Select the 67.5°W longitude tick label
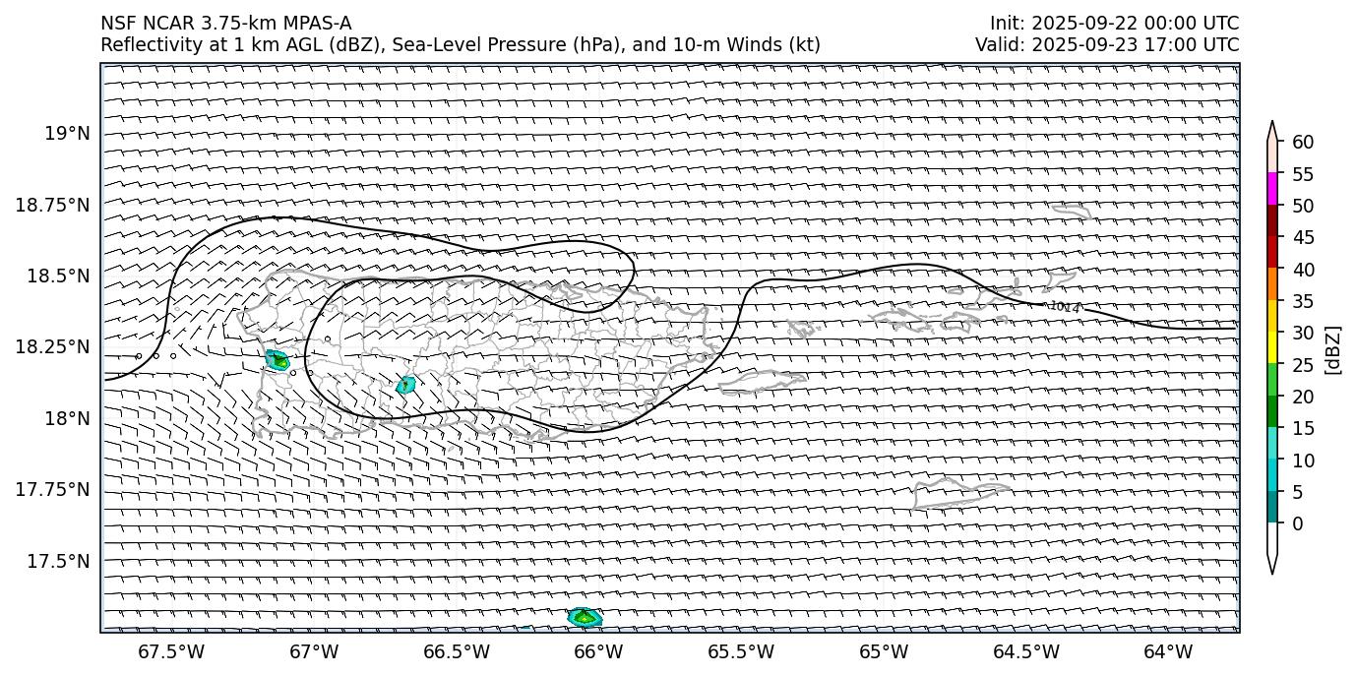click(171, 651)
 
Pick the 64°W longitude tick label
click(1168, 651)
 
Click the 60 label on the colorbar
click(1303, 143)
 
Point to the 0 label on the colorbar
click(1297, 523)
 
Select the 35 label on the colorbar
click(1303, 301)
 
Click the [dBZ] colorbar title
click(1334, 349)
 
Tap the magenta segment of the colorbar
click(1272, 189)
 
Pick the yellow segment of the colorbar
click(1272, 347)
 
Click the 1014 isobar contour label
click(1064, 307)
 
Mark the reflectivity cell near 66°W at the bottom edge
click(585, 617)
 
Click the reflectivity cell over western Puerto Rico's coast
click(277, 360)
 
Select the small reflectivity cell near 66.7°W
click(405, 385)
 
